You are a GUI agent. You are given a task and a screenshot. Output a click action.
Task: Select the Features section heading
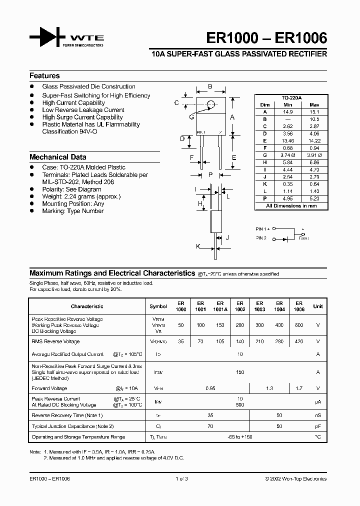[x=44, y=76]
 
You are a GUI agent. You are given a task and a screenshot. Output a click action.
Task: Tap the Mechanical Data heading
[x=57, y=157]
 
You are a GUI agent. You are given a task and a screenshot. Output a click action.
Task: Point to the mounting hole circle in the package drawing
[x=210, y=104]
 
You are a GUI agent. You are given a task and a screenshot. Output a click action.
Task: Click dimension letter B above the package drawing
[x=210, y=87]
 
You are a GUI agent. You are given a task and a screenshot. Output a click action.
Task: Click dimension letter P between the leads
[x=210, y=174]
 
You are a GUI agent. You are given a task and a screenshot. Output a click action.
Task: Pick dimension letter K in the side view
[x=198, y=246]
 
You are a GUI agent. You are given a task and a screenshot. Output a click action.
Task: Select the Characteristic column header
[x=87, y=306]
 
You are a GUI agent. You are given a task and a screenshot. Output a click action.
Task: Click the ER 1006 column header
[x=298, y=306]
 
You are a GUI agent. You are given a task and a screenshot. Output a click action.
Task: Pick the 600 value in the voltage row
[x=298, y=325]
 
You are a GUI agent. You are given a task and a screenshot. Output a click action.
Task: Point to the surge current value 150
[x=239, y=372]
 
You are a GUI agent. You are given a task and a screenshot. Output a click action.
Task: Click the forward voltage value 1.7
[x=298, y=388]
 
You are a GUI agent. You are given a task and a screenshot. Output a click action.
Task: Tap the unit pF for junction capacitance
[x=317, y=426]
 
